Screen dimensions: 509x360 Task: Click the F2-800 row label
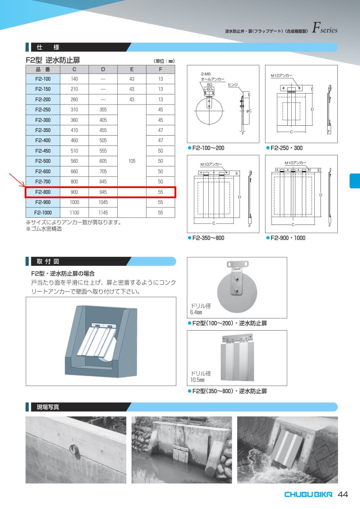click(x=43, y=192)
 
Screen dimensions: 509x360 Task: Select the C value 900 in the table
click(x=74, y=192)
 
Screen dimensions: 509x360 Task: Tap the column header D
click(x=103, y=69)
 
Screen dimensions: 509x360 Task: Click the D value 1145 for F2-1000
click(x=103, y=213)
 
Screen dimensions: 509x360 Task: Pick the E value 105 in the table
click(x=132, y=161)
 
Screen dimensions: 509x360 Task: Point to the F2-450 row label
click(x=43, y=151)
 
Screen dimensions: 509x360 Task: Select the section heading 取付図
click(x=48, y=261)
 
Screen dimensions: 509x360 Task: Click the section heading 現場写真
click(x=48, y=407)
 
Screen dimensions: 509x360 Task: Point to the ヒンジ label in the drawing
click(x=233, y=85)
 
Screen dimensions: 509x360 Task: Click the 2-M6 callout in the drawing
click(x=206, y=74)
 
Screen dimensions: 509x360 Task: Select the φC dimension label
click(x=249, y=111)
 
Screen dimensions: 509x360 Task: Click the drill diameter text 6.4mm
click(x=196, y=312)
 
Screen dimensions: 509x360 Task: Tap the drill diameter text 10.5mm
click(x=197, y=380)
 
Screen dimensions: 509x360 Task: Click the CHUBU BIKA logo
click(x=308, y=494)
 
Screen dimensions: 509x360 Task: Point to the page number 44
click(x=343, y=494)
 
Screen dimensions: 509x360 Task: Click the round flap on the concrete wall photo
click(x=74, y=450)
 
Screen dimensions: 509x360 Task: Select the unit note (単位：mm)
click(x=164, y=61)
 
